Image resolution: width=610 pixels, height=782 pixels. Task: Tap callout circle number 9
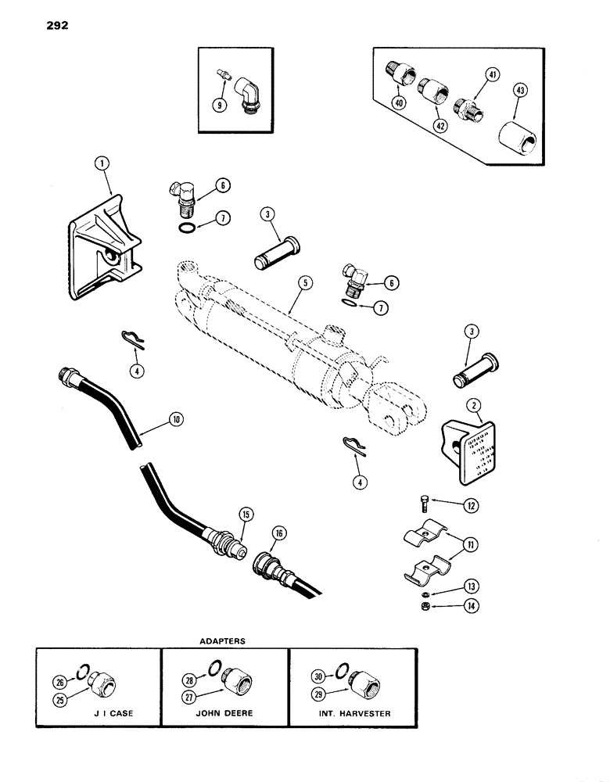(x=221, y=102)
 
